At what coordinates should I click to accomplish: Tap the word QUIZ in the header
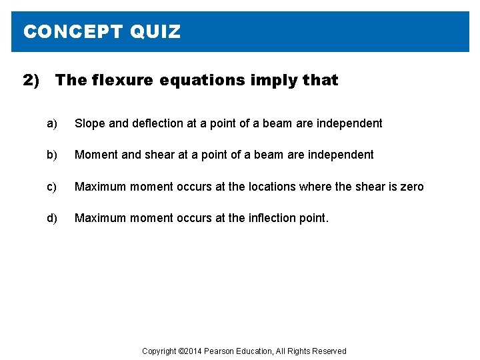[155, 31]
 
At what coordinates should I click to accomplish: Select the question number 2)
[31, 81]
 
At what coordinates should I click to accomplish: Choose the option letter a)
[52, 123]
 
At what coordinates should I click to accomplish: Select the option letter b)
[52, 155]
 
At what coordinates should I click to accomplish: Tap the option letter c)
[52, 187]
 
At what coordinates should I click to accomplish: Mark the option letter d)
[52, 218]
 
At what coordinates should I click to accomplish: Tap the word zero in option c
[411, 187]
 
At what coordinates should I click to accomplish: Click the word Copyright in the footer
[159, 351]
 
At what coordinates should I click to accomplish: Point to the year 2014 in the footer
[193, 351]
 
